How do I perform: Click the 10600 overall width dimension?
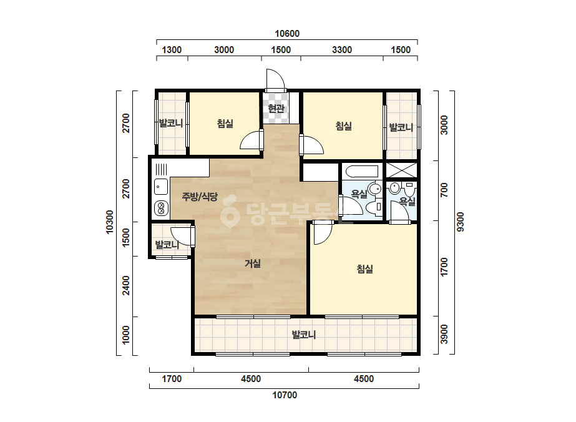click(287, 34)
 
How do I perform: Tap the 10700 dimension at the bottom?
click(285, 395)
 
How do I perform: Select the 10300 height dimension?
click(109, 222)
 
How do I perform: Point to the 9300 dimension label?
click(461, 222)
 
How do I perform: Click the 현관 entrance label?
click(276, 108)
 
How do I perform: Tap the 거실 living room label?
click(253, 263)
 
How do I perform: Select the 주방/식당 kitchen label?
click(200, 197)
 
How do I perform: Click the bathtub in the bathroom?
click(360, 172)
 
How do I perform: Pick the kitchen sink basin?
click(160, 187)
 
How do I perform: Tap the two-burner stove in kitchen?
click(161, 209)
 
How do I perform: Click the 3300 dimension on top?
click(342, 49)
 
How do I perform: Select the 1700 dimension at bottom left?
click(172, 379)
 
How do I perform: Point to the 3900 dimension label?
click(444, 334)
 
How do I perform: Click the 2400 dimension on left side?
click(126, 285)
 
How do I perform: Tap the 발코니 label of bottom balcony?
click(304, 335)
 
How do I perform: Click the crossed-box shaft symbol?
click(401, 170)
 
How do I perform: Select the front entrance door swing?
click(275, 79)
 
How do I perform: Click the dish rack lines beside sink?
click(161, 169)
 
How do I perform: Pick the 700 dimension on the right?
click(444, 190)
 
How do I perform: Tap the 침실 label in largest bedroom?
click(365, 269)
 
